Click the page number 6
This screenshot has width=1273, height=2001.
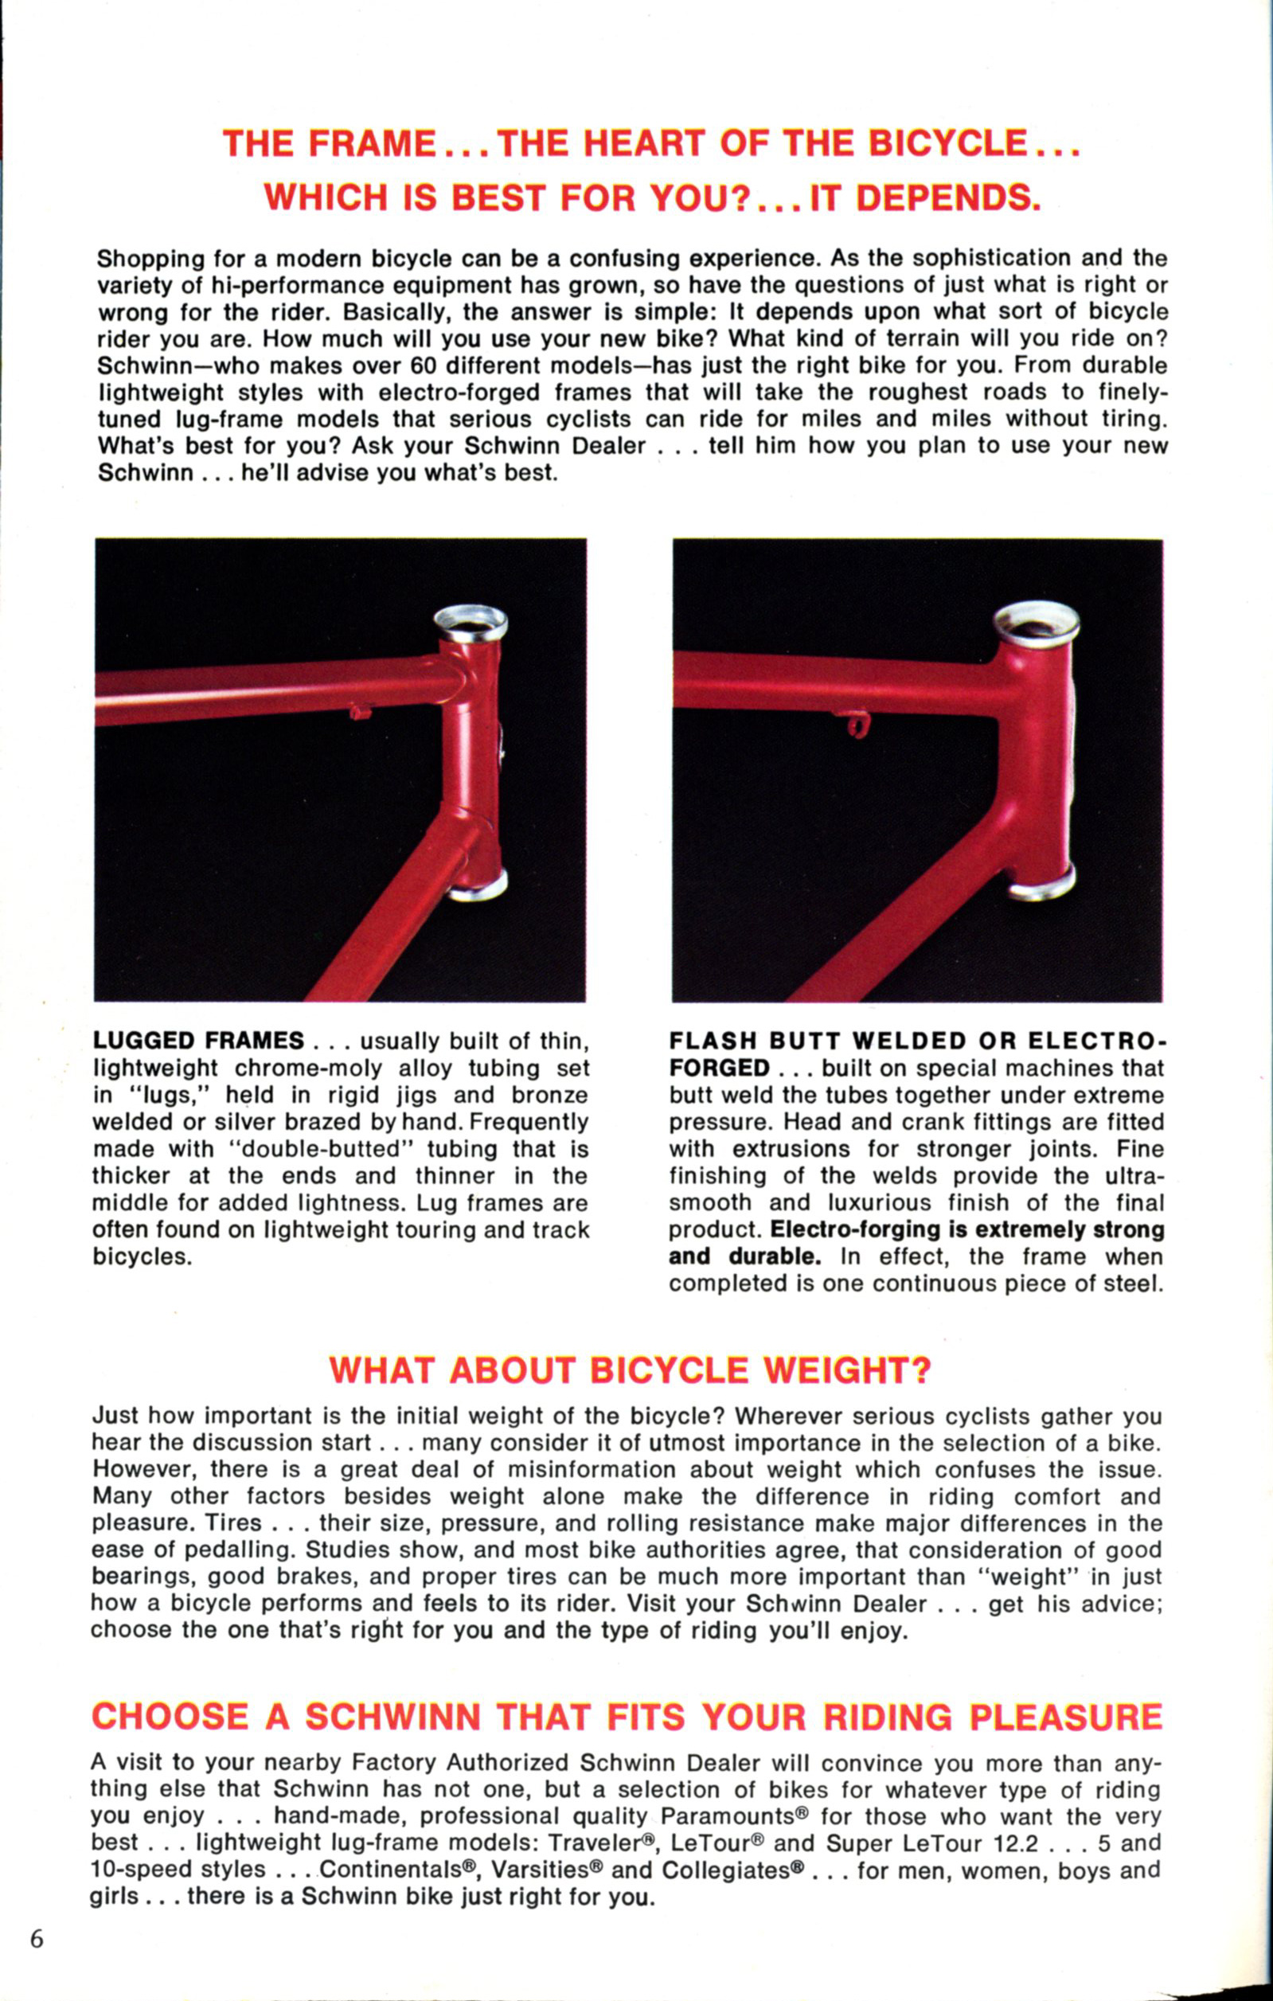tap(37, 1940)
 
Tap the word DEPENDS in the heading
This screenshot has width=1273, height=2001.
tap(948, 197)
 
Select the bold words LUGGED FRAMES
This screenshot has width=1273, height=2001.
tap(198, 1042)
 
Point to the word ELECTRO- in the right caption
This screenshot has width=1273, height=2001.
tap(1097, 1042)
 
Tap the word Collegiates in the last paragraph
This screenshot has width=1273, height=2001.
tap(730, 1870)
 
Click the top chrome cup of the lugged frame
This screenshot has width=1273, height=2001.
tap(471, 621)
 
